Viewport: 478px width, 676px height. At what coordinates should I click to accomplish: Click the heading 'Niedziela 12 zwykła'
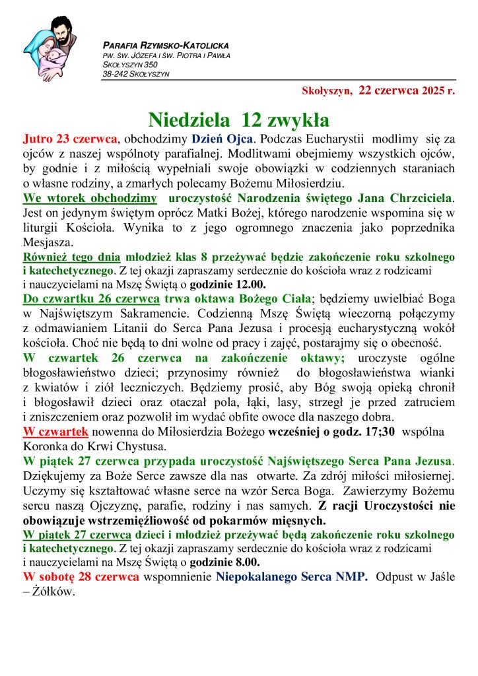point(238,119)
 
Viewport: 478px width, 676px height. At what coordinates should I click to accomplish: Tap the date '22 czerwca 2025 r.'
point(407,92)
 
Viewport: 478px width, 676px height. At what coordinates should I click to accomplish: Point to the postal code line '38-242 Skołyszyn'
point(136,74)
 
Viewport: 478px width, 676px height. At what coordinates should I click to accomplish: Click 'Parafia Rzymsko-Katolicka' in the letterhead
point(166,46)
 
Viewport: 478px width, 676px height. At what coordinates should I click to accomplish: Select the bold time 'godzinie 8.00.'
point(225,562)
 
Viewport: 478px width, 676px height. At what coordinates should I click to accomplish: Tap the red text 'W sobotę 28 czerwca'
point(81,576)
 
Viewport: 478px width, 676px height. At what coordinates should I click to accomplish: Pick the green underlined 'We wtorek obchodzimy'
point(90,197)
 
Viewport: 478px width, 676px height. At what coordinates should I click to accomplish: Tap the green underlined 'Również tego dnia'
point(71,256)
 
